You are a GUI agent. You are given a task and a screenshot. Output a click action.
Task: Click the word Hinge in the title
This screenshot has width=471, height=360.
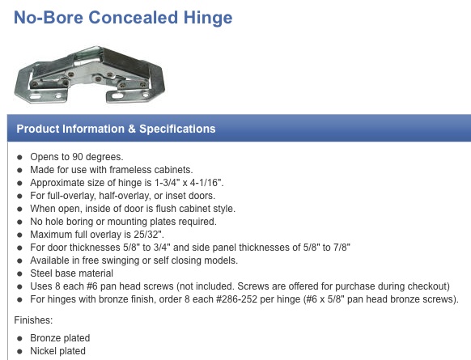point(208,18)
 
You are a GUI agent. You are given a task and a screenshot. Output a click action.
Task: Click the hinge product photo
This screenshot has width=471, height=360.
point(90,74)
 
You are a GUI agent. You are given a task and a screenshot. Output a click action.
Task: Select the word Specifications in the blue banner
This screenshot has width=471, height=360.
point(177,129)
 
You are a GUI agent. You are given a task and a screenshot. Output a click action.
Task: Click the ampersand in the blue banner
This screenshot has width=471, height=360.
point(132,129)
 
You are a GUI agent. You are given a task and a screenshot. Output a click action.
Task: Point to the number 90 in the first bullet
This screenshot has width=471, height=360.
point(78,157)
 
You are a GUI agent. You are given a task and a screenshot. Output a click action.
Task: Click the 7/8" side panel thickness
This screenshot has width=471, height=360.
point(342,247)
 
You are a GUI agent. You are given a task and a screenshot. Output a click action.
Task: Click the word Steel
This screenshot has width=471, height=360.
point(42,273)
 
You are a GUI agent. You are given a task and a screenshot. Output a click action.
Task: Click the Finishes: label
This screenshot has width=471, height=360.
point(33,320)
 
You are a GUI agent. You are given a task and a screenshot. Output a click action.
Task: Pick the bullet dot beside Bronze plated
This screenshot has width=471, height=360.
point(19,338)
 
